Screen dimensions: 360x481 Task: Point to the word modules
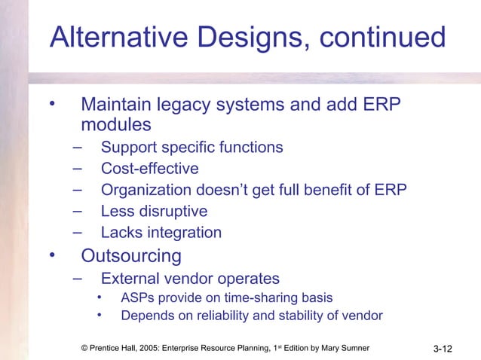point(115,124)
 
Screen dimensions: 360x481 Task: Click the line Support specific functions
point(191,147)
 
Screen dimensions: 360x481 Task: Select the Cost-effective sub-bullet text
point(149,169)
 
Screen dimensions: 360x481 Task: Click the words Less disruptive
point(154,212)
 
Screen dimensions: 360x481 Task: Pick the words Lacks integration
point(161,233)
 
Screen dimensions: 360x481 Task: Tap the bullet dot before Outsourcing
point(53,255)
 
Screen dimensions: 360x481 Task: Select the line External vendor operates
point(190,278)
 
